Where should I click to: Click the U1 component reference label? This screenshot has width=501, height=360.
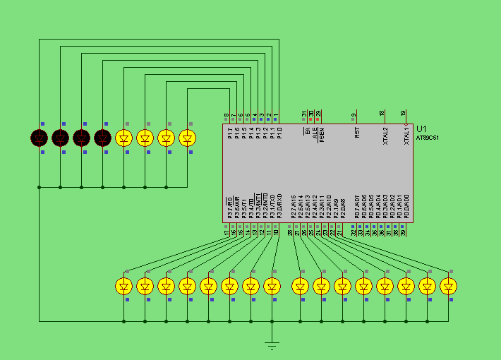click(421, 128)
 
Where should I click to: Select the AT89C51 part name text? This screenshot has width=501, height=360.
click(427, 138)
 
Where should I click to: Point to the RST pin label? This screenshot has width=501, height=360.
click(357, 132)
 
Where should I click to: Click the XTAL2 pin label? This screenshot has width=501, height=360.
click(385, 135)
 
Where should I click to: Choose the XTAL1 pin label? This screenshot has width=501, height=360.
click(406, 135)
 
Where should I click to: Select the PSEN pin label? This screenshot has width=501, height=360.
click(322, 135)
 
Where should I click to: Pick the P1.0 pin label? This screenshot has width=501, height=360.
click(279, 133)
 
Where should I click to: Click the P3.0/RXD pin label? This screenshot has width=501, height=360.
click(279, 206)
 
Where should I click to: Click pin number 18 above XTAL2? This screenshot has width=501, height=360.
click(382, 113)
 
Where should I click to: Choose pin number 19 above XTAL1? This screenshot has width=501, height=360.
click(403, 113)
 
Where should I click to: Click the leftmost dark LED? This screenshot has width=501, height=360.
click(40, 137)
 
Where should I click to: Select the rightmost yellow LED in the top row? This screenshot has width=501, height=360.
click(188, 137)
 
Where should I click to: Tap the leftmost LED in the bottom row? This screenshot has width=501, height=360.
click(124, 286)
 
